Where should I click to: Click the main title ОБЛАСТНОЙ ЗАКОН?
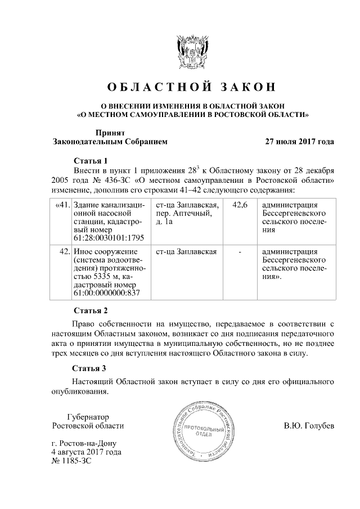[x=192, y=87]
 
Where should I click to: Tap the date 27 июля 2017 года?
[x=300, y=142]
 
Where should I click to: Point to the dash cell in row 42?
[x=240, y=251]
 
